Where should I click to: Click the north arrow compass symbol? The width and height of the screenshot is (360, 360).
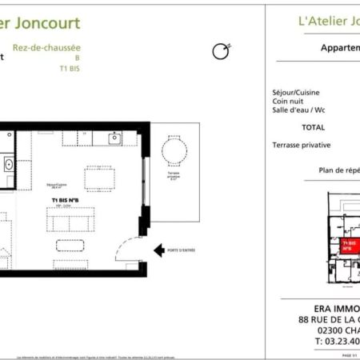220,52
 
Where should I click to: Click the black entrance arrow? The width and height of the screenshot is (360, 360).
158,250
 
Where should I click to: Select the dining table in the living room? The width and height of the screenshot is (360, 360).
100,176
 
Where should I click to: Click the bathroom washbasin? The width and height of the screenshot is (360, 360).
8,165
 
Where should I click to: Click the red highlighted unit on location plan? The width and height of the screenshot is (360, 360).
349,245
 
